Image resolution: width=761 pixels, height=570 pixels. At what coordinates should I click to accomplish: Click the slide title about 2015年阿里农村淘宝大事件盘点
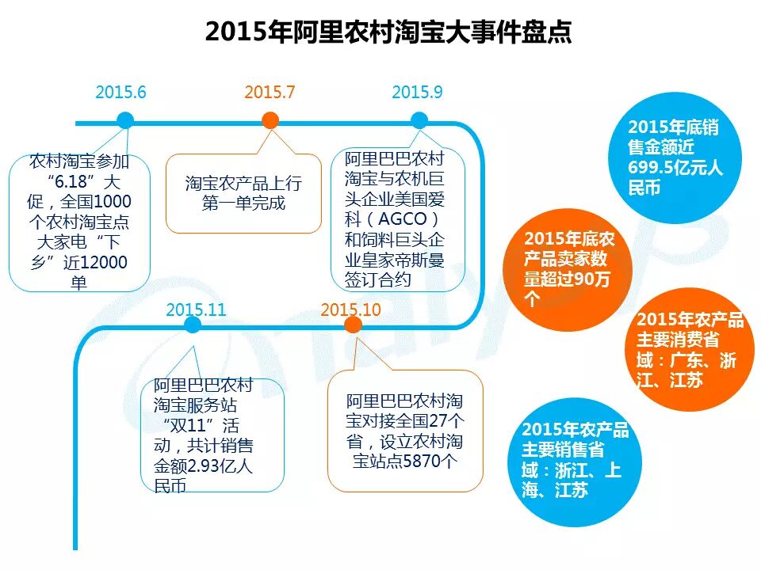[388, 32]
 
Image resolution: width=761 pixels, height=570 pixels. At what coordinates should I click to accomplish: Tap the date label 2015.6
[120, 92]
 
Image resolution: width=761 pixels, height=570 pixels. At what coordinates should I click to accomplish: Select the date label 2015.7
[270, 92]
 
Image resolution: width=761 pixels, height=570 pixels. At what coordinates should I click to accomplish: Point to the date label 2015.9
[417, 92]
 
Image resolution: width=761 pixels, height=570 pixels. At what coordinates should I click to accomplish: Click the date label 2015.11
[196, 309]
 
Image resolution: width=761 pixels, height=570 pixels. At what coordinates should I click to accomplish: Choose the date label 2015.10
[351, 309]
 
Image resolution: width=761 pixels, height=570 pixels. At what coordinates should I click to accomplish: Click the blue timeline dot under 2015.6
[125, 120]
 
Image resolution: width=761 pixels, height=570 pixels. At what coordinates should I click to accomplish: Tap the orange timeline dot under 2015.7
[270, 120]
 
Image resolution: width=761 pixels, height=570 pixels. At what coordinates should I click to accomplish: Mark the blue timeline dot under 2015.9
[419, 120]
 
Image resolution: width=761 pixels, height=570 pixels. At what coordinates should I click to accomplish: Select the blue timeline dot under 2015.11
[193, 325]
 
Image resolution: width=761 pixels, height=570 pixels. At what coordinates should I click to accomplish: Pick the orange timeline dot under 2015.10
[354, 325]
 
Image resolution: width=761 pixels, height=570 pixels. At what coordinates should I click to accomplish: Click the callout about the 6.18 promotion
[79, 222]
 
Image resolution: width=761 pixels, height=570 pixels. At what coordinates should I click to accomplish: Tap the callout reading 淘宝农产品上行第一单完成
[243, 193]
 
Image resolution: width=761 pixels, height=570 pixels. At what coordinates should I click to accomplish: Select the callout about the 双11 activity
[212, 435]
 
